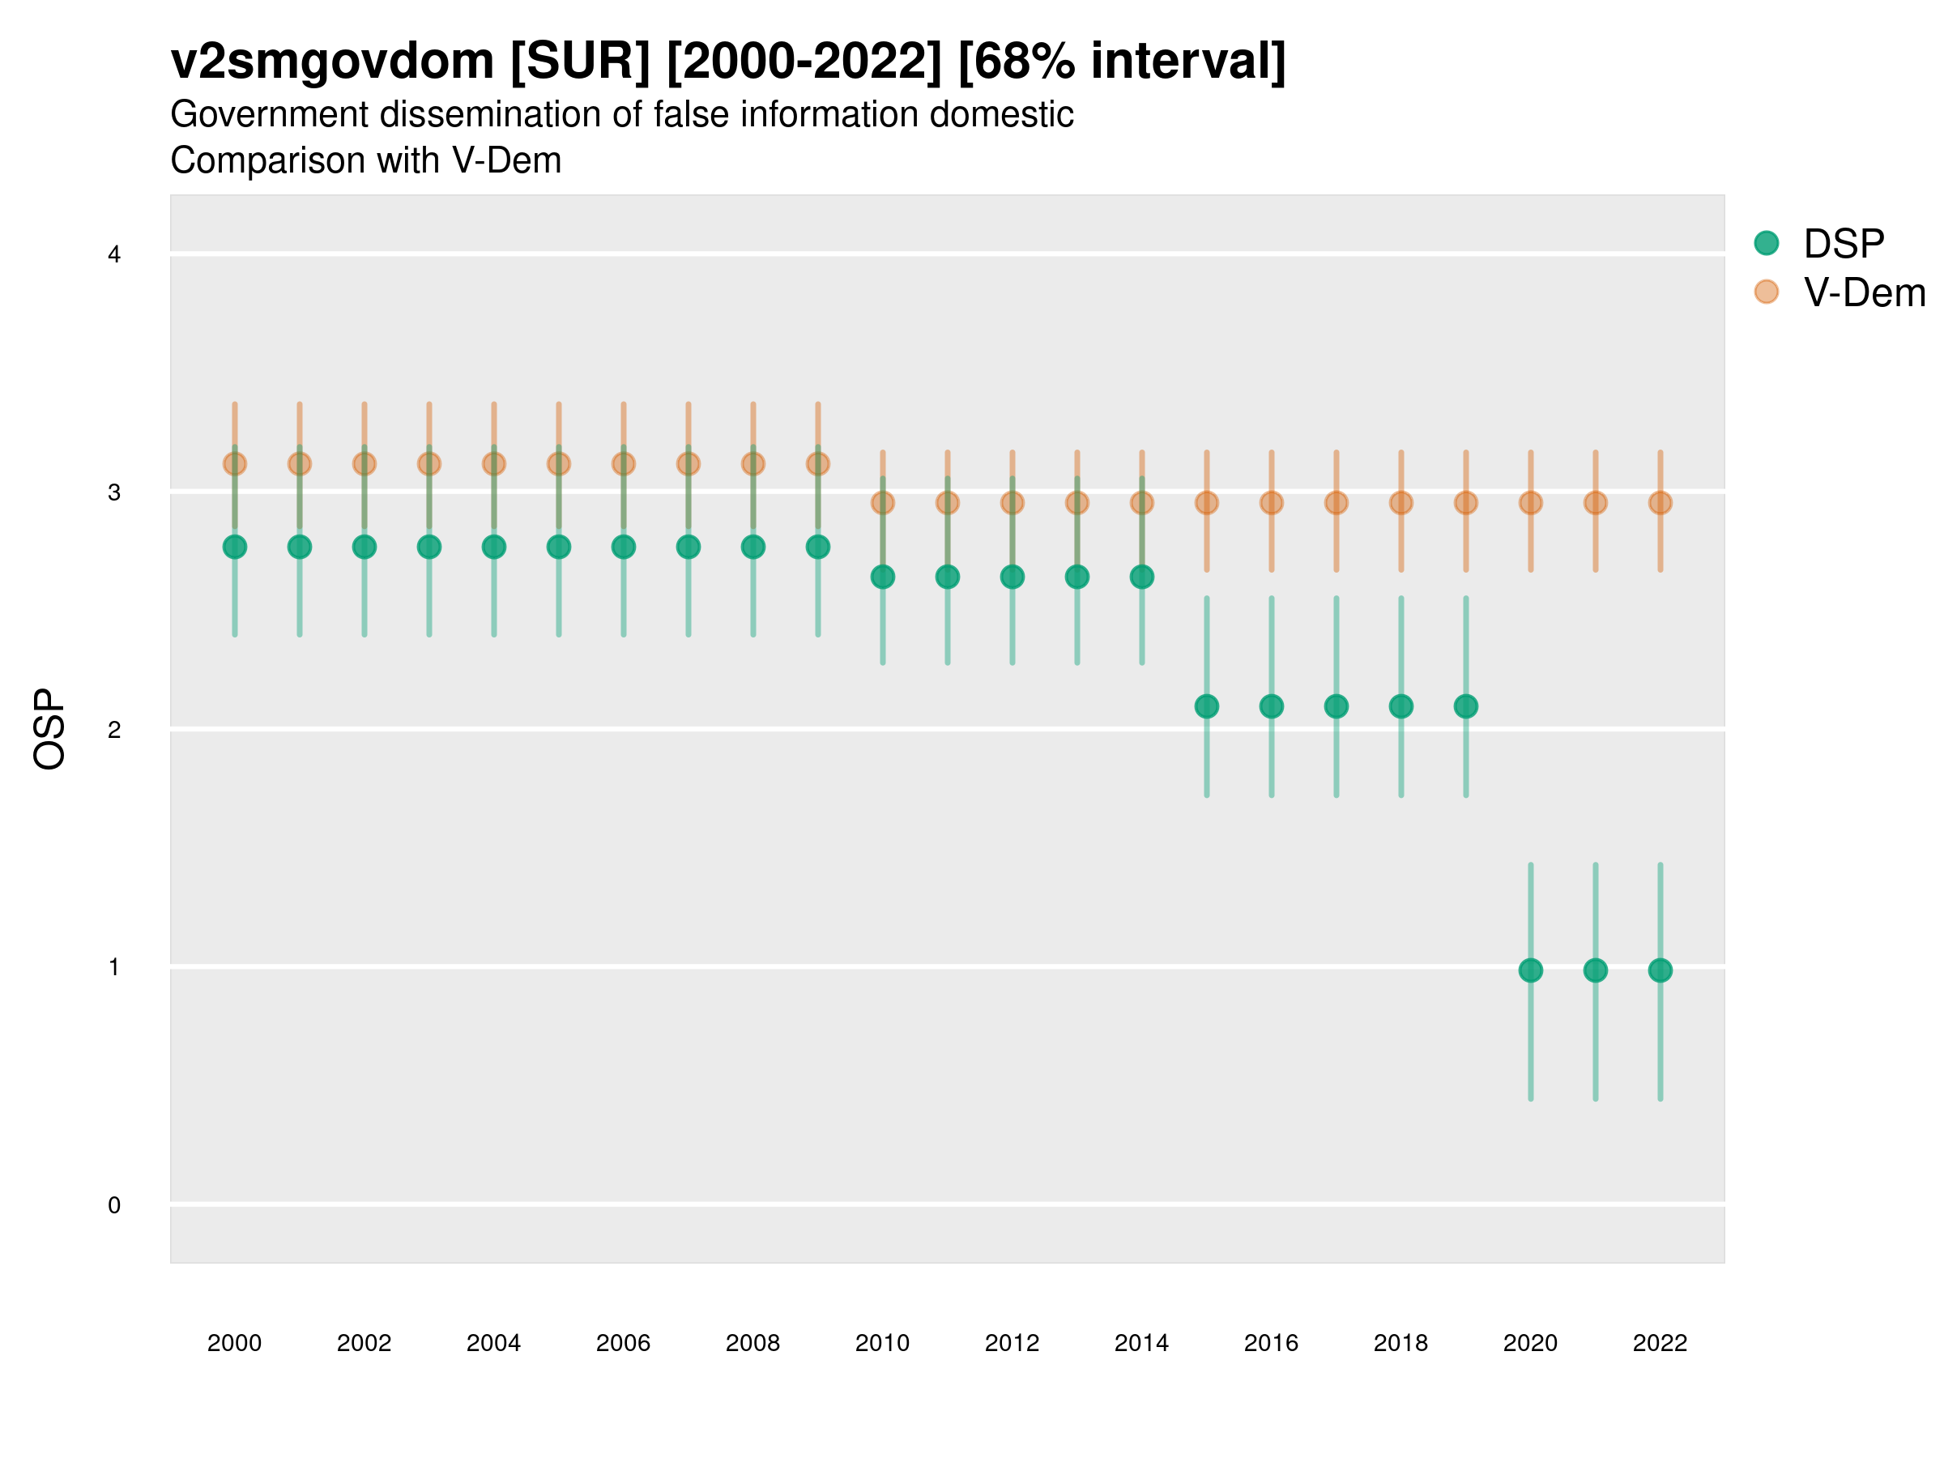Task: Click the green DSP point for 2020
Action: (x=1530, y=970)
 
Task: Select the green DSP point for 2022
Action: (x=1660, y=970)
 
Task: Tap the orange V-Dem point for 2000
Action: (x=235, y=463)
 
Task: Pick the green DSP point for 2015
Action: (x=1207, y=706)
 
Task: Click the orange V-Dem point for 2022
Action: (x=1660, y=503)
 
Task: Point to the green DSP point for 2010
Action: (x=882, y=577)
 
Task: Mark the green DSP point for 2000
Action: (x=235, y=547)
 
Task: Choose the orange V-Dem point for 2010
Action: (x=882, y=503)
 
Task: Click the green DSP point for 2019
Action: (x=1466, y=706)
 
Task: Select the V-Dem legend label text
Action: (x=1864, y=292)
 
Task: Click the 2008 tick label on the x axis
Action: (x=752, y=1343)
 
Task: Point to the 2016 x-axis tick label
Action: (x=1271, y=1343)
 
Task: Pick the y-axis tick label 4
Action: (x=114, y=255)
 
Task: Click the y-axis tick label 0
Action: (x=114, y=1205)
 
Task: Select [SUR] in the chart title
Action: (x=580, y=62)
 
